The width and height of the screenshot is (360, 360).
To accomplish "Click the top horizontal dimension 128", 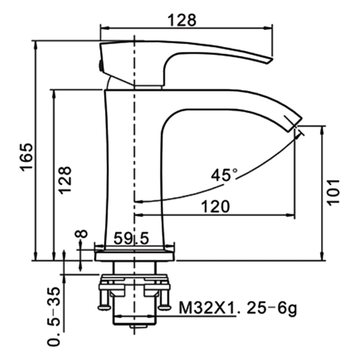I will click(182, 20).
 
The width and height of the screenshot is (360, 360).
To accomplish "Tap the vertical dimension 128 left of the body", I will click(65, 180).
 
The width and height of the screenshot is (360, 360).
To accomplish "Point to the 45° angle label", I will click(224, 174).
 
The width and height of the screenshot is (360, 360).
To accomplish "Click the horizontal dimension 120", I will click(215, 207).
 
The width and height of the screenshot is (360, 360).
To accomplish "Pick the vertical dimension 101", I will click(333, 192).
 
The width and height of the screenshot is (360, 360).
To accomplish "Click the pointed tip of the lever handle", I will click(270, 59).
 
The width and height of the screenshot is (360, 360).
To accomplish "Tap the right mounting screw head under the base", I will click(165, 307).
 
